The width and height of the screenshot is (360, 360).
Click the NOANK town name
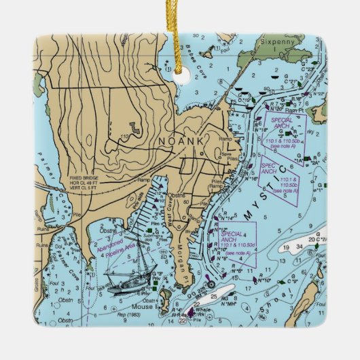[x=181, y=141]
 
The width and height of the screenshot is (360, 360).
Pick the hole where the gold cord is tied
[x=180, y=77]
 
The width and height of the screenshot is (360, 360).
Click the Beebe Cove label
[x=194, y=59]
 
